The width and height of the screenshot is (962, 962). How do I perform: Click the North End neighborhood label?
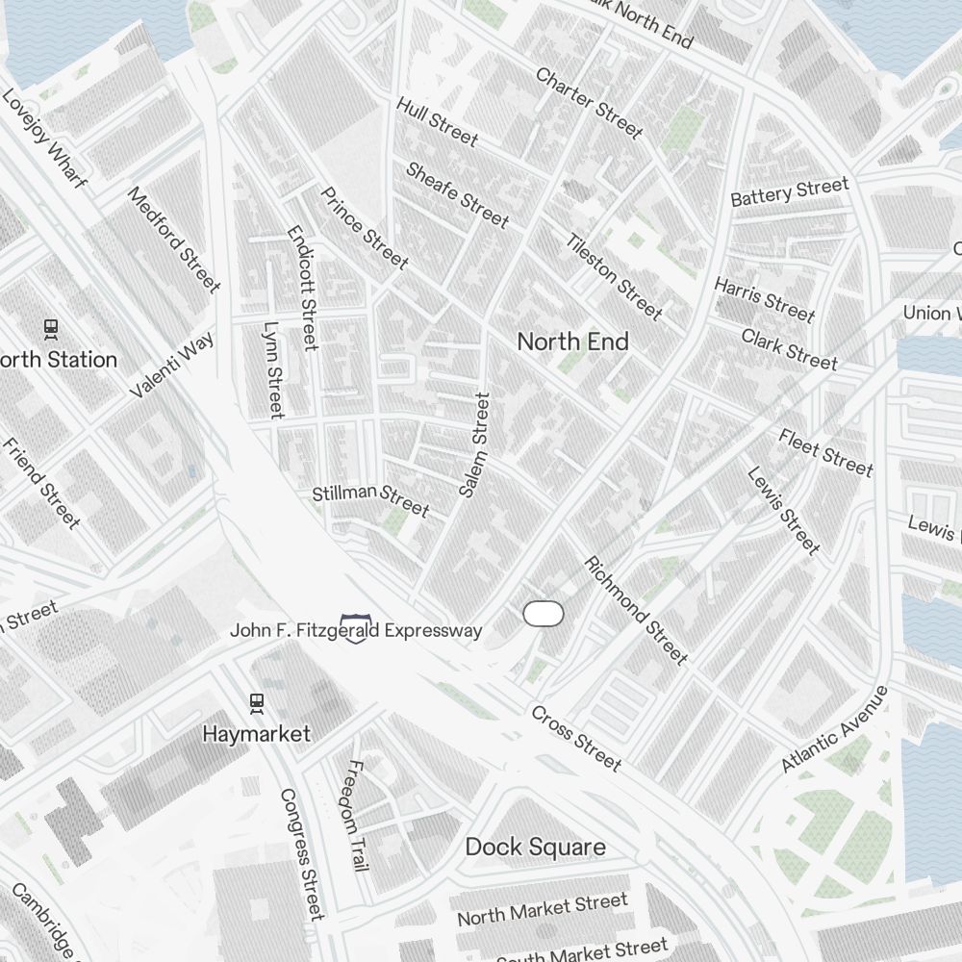(x=573, y=342)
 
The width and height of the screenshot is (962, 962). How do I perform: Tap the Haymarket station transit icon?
(x=256, y=703)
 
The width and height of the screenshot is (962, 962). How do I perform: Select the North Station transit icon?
(x=51, y=329)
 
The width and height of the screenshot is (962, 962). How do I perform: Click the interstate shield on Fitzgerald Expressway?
(x=354, y=630)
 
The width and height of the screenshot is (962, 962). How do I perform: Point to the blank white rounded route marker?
(x=543, y=614)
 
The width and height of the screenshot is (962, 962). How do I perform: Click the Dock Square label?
(x=536, y=847)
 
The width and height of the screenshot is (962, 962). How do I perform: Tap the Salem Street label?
(x=475, y=444)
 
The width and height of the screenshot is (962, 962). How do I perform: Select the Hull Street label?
(x=437, y=122)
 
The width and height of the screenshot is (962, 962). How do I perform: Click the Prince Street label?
(x=365, y=228)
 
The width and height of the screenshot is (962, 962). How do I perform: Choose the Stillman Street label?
(x=370, y=498)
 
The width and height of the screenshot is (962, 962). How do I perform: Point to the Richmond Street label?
(x=636, y=611)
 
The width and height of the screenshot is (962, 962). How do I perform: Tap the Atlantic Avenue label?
(x=834, y=728)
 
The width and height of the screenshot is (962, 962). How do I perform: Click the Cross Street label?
(x=576, y=738)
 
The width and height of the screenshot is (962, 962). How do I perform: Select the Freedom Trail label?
(x=357, y=816)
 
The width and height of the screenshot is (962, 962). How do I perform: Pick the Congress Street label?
(x=301, y=854)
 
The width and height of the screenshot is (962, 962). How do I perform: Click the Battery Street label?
(x=790, y=191)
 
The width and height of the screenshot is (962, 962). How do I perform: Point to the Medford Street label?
(x=174, y=240)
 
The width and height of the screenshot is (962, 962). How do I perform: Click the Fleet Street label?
(x=826, y=453)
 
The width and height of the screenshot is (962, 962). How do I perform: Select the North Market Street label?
(x=542, y=909)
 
